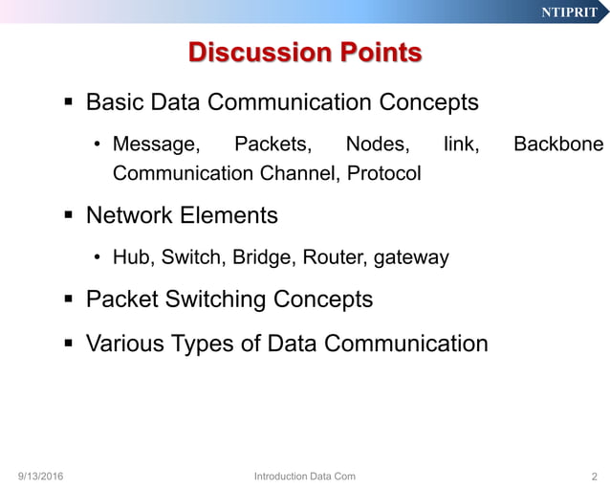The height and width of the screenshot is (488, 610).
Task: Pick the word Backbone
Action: tap(557, 145)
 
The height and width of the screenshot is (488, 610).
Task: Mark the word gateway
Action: tap(411, 257)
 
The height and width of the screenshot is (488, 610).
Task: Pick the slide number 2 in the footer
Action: tap(594, 476)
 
